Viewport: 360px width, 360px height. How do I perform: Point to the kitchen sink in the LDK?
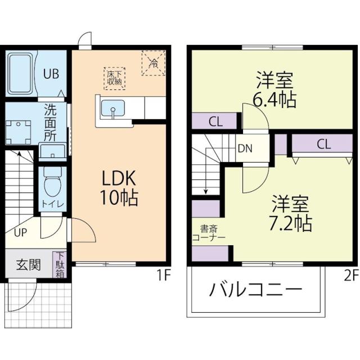pyautogui.click(x=114, y=109)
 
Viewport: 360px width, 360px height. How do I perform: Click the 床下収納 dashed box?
pyautogui.click(x=114, y=77)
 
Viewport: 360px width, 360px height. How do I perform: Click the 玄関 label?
pyautogui.click(x=28, y=264)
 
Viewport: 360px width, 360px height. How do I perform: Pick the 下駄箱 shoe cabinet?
pyautogui.click(x=60, y=264)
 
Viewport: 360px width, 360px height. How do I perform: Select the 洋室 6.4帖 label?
pyautogui.click(x=274, y=90)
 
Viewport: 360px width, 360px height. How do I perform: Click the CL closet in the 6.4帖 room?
pyautogui.click(x=215, y=121)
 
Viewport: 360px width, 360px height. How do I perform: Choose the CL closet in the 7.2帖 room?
pyautogui.click(x=323, y=143)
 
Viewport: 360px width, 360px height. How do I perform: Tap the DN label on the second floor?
pyautogui.click(x=244, y=149)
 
